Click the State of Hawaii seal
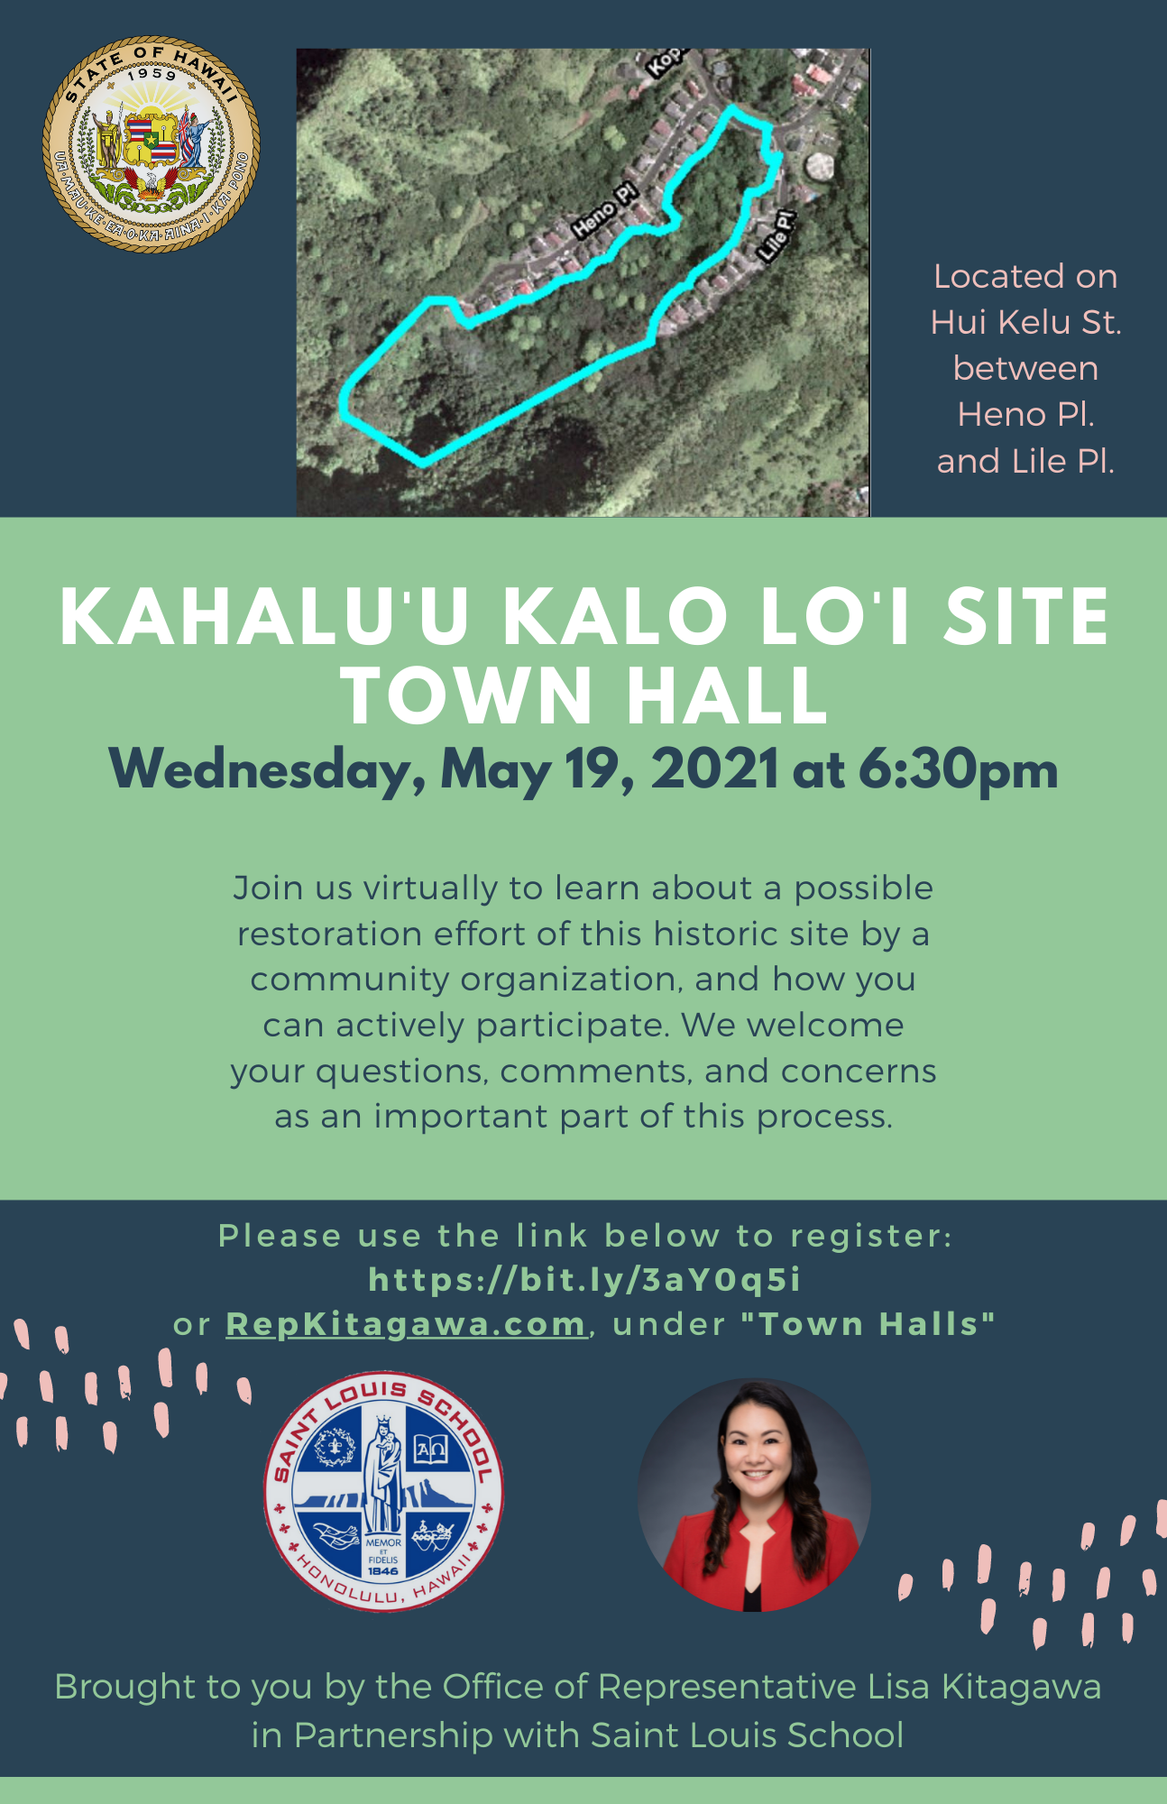[x=152, y=144]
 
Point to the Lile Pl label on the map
[x=776, y=236]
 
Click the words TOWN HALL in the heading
[x=584, y=695]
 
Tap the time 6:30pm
[x=958, y=771]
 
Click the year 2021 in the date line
[x=714, y=769]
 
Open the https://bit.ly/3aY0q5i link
[x=584, y=1279]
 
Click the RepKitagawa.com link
[x=406, y=1324]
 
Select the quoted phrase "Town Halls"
[x=868, y=1323]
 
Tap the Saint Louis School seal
[x=383, y=1492]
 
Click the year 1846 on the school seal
[x=383, y=1570]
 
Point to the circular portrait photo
[x=755, y=1495]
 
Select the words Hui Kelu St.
[x=1025, y=322]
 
